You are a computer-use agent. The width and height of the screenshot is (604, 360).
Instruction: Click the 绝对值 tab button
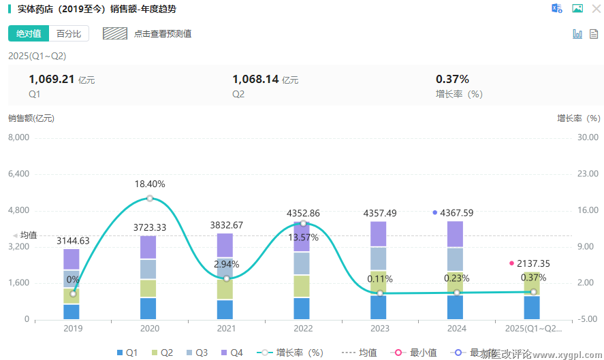29,33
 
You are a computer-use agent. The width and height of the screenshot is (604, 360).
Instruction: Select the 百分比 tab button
69,33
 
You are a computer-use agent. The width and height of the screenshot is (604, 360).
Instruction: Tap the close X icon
596,9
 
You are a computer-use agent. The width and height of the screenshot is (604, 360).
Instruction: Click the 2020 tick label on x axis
149,329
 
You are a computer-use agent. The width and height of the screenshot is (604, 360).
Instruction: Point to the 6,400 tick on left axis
18,174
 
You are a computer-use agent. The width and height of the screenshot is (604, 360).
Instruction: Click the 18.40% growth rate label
149,184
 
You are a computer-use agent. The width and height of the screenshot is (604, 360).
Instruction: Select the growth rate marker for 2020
149,199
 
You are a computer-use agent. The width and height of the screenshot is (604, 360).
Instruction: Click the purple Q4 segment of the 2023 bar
379,234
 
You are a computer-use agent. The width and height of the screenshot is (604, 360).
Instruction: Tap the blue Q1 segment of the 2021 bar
225,310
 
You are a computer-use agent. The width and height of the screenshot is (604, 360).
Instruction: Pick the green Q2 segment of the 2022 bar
302,286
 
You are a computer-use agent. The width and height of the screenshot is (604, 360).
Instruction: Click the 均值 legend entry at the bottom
361,353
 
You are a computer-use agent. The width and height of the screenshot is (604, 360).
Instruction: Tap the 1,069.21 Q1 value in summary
51,79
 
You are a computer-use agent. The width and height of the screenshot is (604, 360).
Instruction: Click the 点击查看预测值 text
163,33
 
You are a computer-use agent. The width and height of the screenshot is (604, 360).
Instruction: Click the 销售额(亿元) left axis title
31,118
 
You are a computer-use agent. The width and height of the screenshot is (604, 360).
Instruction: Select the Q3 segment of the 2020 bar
148,269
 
